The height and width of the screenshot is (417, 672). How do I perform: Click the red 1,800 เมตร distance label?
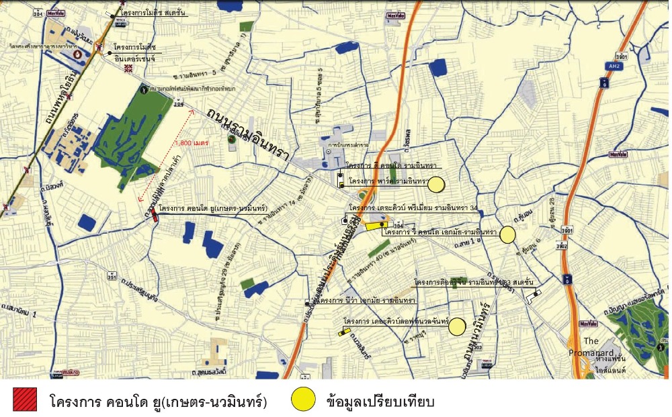tap(192, 143)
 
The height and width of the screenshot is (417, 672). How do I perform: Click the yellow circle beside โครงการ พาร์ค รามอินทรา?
tap(437, 184)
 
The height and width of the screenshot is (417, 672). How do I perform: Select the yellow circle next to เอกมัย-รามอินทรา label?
tap(507, 234)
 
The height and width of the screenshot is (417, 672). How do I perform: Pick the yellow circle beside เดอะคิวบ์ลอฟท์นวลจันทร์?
tap(458, 326)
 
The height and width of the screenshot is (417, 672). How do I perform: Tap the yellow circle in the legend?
tap(303, 400)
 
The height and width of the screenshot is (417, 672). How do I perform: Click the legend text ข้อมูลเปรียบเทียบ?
tap(380, 402)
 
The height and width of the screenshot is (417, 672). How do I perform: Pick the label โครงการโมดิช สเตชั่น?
tap(154, 12)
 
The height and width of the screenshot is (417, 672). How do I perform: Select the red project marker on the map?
tap(155, 214)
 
